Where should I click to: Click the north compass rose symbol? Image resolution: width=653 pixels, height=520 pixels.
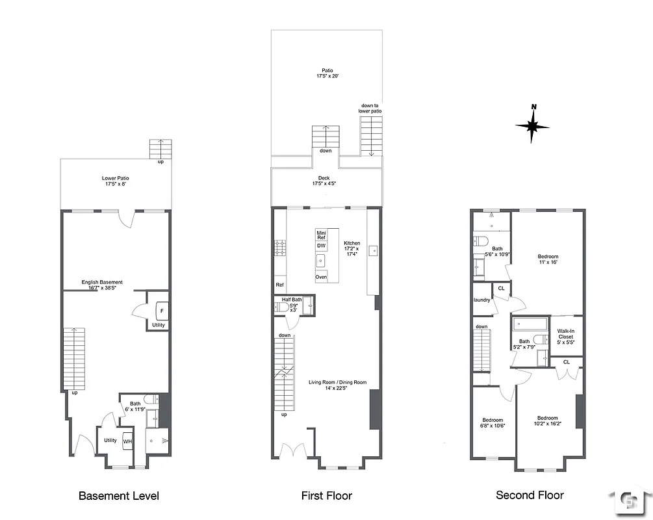[x=532, y=125]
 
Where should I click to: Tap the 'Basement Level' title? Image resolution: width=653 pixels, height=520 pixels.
[x=118, y=496]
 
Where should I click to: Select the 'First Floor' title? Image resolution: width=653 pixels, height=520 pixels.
[x=326, y=496]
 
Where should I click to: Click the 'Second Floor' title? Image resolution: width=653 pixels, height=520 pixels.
[x=530, y=495]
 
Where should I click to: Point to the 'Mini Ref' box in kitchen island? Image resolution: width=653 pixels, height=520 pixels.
[x=321, y=235]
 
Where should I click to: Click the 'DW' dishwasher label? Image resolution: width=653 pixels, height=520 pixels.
[x=321, y=246]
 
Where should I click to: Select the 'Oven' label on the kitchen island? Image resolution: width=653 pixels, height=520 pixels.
[x=321, y=277]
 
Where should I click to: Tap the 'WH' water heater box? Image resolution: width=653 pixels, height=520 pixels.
[x=128, y=442]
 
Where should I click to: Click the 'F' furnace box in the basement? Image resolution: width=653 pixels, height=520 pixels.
[x=162, y=309]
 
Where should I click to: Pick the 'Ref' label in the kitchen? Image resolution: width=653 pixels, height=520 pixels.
[x=279, y=285]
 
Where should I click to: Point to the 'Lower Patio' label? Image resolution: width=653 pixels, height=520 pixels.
[x=116, y=181]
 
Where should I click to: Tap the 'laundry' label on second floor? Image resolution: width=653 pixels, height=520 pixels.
[x=481, y=300]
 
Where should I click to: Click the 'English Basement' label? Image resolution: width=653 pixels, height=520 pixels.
[x=102, y=285]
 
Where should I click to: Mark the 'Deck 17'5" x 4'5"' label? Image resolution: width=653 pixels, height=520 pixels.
[x=324, y=181]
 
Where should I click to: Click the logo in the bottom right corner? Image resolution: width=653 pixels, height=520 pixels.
[x=629, y=500]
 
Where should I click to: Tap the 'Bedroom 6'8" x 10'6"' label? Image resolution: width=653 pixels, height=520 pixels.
[x=493, y=422]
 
